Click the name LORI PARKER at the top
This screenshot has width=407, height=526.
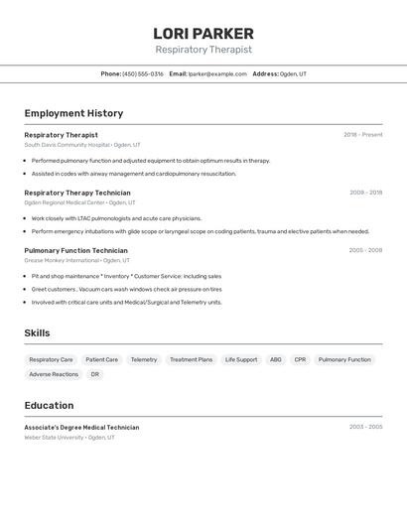[203, 33]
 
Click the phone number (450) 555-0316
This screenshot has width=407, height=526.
[143, 73]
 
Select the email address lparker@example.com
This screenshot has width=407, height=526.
[217, 73]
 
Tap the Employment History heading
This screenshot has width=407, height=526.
[73, 113]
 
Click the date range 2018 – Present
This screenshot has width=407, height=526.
[362, 135]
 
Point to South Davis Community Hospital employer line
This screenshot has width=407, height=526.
[82, 145]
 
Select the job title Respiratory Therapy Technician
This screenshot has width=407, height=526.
[77, 193]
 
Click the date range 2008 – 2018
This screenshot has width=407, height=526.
[365, 193]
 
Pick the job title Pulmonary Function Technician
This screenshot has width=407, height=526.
[75, 250]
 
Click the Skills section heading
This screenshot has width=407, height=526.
[37, 333]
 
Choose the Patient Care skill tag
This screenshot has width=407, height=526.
[101, 359]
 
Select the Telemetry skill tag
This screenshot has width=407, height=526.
[144, 359]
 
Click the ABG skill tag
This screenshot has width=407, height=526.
[275, 359]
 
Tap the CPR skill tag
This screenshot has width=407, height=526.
[300, 359]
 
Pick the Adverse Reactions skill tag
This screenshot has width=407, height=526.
[54, 374]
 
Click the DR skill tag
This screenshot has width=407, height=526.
[95, 374]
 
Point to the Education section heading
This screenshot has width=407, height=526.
[49, 405]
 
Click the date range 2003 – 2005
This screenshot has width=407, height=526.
[365, 427]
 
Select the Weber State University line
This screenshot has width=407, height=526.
[69, 437]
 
